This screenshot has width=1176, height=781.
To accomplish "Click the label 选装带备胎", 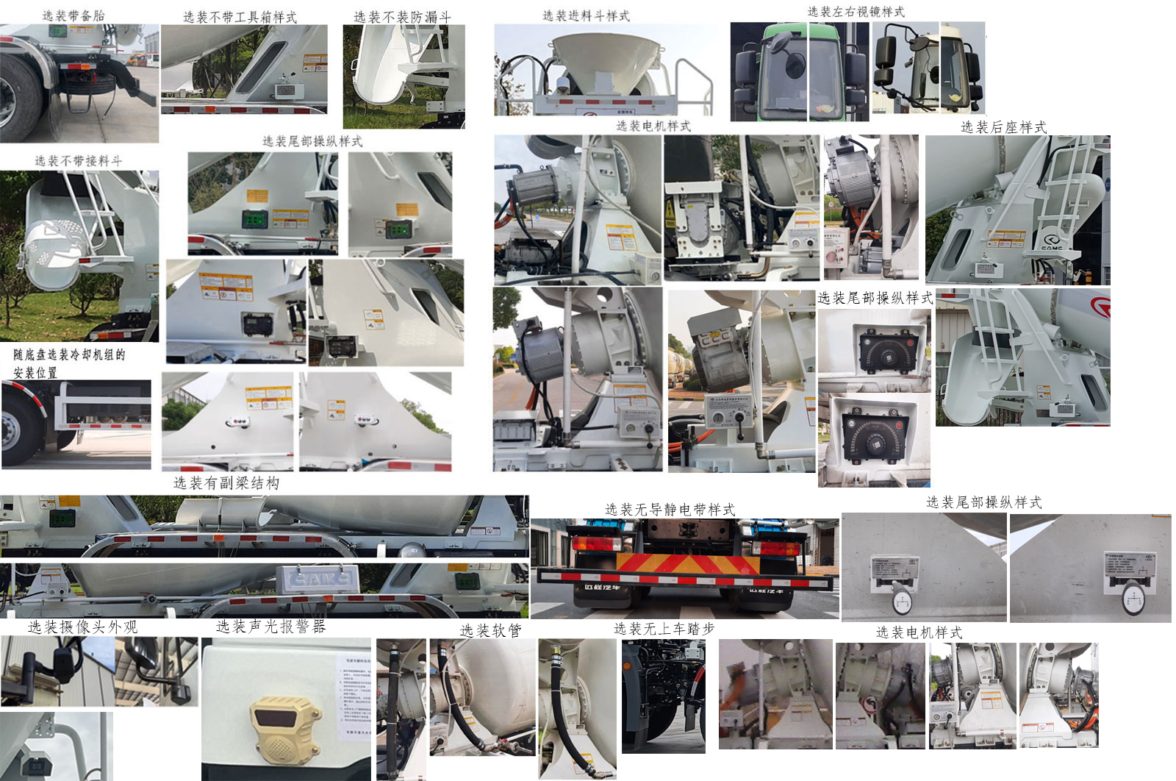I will click(73, 15).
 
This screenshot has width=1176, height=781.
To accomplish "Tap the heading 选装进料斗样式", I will click(586, 15).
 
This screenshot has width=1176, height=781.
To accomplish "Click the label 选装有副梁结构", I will click(226, 483).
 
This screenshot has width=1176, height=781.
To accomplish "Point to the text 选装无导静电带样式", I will click(670, 510).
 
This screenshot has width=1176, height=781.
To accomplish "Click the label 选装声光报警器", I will click(270, 627).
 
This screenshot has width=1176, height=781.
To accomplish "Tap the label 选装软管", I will click(491, 630).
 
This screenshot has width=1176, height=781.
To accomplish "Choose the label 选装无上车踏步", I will click(664, 629).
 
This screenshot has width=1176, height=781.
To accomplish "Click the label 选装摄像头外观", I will click(82, 627).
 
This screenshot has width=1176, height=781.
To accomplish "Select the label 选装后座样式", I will click(1003, 127).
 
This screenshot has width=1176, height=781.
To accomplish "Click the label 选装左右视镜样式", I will click(856, 12).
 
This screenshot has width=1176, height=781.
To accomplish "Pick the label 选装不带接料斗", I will click(79, 160).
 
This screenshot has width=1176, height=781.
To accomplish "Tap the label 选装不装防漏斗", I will click(402, 16).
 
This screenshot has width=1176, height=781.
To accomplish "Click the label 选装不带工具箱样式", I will click(240, 17).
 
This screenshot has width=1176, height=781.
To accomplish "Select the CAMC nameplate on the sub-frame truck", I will click(318, 578).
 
